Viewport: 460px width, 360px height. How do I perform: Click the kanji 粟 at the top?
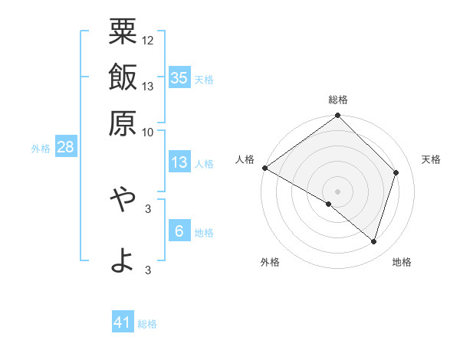pos(123,32)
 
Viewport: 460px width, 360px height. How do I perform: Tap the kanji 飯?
pos(123,77)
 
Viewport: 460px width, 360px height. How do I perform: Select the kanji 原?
pos(123,121)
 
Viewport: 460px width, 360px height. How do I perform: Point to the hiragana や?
pos(123,199)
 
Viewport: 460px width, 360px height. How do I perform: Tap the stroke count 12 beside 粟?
pos(148,40)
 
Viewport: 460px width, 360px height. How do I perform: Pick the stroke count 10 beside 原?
pos(148,131)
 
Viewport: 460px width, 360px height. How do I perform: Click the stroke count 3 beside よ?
pos(148,270)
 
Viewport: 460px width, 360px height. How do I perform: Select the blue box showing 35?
pos(179,77)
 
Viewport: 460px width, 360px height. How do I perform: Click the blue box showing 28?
pos(65,147)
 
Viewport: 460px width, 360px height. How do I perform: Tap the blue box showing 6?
pos(179,231)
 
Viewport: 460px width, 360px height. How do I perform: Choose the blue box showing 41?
pos(123,322)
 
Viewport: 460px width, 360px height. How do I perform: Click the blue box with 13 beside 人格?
pos(179,162)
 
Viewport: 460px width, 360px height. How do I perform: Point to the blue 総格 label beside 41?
pos(148,324)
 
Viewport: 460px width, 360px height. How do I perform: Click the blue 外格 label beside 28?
pos(41,149)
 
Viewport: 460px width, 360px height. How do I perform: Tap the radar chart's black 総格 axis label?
pos(338,100)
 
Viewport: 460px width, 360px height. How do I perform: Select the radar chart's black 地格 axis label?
pos(402,263)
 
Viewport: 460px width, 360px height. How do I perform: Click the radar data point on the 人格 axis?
pos(264,168)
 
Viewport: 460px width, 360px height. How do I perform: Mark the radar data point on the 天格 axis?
pos(396,172)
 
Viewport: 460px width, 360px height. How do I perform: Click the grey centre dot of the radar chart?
pos(338,191)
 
